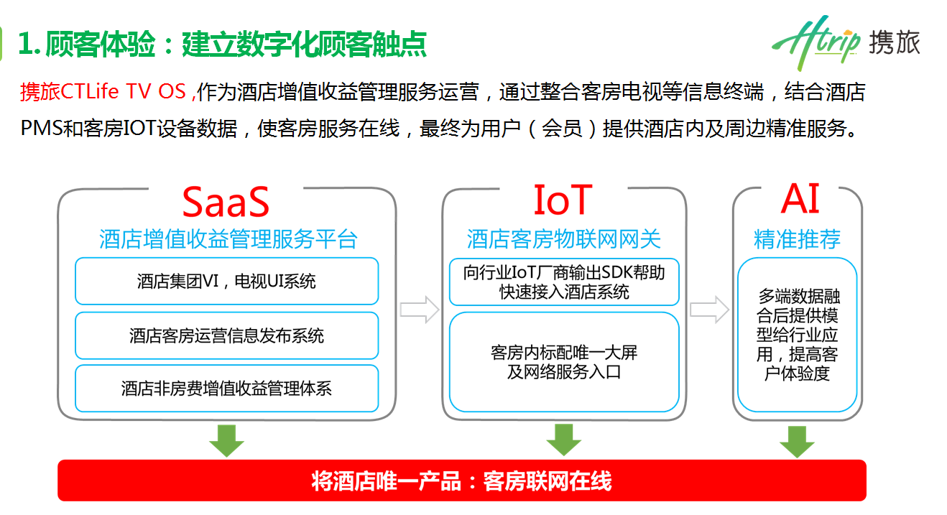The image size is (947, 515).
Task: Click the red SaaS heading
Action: point(226,202)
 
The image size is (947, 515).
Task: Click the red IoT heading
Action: point(563,200)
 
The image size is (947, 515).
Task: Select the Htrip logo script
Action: point(816,42)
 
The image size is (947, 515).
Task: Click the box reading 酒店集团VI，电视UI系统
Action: point(226,281)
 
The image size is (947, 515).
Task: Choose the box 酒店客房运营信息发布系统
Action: point(226,335)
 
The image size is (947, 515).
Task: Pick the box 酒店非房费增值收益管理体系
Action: point(226,389)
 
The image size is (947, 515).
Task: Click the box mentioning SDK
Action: point(564,282)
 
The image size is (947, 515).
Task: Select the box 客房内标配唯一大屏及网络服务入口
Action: point(564,362)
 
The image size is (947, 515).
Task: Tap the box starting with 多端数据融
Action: point(798,335)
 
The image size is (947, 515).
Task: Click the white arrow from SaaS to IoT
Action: point(420,310)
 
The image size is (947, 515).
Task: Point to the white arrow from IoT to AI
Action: point(709,310)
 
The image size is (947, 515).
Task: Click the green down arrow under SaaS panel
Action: point(226,440)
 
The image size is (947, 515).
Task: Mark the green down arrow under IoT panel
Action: point(563,440)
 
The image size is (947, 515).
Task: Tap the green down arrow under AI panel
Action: point(797,442)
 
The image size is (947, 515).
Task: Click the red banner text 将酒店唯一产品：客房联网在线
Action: point(462,481)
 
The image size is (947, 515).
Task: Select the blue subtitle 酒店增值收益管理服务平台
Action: point(228,239)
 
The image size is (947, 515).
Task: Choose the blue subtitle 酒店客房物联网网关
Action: point(563,239)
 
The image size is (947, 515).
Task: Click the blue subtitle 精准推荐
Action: point(797,239)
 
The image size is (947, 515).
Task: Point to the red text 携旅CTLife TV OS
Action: point(103,91)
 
